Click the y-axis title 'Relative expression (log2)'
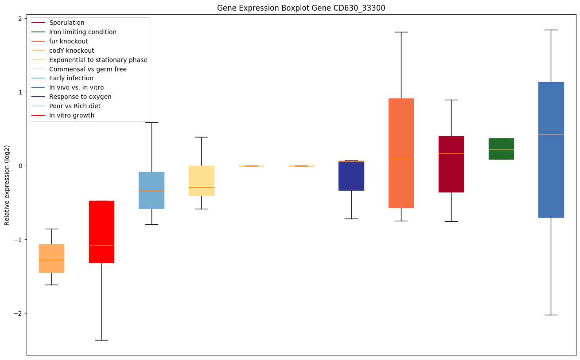(7, 185)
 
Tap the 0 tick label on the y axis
(20, 166)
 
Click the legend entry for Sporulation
(67, 23)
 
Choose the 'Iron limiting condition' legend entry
(83, 32)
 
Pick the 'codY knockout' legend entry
(72, 51)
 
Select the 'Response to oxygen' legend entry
(80, 97)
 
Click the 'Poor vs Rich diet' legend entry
(75, 106)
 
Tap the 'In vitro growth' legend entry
(72, 115)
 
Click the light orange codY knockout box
(51, 258)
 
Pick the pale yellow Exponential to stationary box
(201, 181)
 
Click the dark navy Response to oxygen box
(351, 176)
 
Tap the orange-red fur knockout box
(401, 153)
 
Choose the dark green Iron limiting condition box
(501, 149)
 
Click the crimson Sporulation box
(451, 164)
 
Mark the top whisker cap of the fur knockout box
(401, 32)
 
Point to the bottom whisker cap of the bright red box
(101, 340)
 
